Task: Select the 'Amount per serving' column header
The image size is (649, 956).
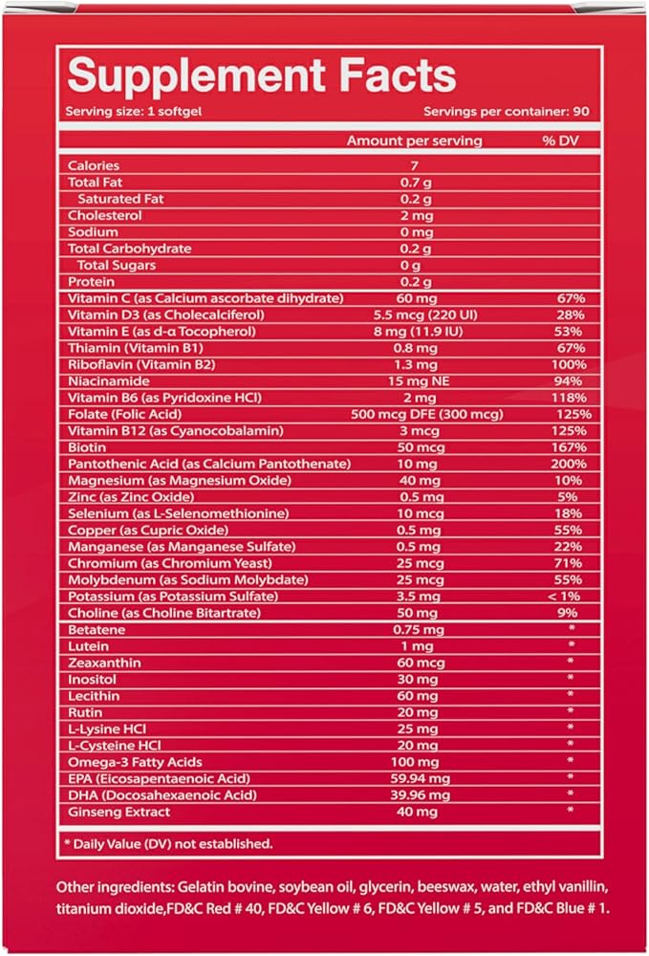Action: tap(414, 141)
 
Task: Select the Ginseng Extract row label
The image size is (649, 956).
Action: tap(119, 812)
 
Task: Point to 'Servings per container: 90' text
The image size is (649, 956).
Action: tap(506, 111)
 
